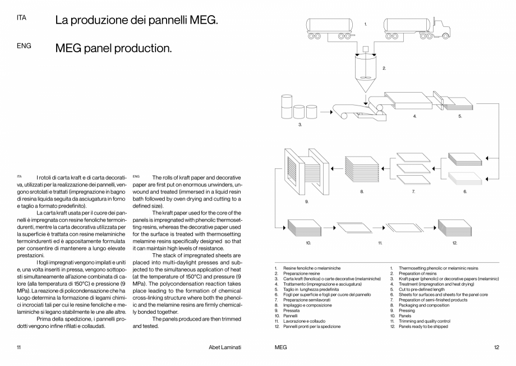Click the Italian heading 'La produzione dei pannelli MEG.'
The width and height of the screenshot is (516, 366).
coord(136,21)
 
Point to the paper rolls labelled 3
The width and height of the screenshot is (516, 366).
coord(298,108)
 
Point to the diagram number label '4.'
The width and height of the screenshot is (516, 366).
coord(414,116)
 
